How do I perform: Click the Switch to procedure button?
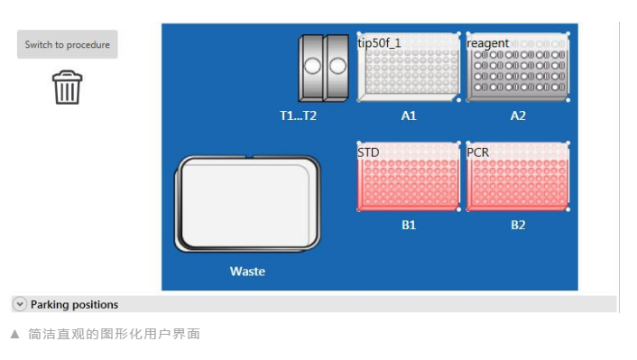68,44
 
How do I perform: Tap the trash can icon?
68,88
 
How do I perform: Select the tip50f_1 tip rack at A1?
409,67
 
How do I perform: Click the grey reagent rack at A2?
518,67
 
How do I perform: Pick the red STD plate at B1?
409,177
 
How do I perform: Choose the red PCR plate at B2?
518,177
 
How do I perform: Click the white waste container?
247,204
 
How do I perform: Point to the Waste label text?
247,272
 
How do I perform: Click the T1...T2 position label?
298,115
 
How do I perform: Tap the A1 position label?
409,115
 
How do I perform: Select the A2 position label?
518,115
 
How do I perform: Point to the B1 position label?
409,225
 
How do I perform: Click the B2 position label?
518,225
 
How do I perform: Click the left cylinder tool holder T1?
311,68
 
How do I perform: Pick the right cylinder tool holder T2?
337,68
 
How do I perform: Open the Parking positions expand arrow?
20,304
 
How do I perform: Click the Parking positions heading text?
74,304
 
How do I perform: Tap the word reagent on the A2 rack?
487,43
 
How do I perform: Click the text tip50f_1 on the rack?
379,42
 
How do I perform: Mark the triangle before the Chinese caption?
15,334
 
